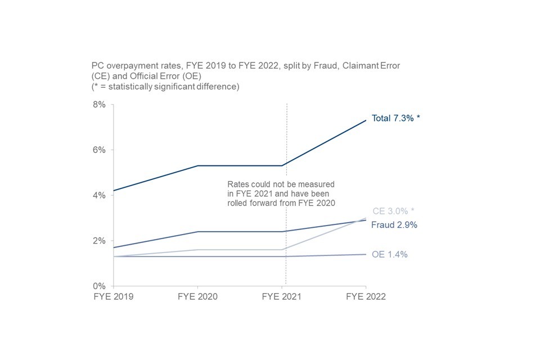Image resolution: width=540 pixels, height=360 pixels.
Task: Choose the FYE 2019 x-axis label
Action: pos(113,296)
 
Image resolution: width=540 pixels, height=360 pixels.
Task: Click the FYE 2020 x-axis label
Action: pos(197,296)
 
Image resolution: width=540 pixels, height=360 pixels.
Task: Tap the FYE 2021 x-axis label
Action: pos(282,296)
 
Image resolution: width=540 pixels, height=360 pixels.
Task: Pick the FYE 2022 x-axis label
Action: pos(366,296)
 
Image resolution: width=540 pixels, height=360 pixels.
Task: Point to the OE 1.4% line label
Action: pos(390,254)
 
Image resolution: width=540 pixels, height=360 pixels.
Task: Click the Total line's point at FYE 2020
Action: pos(197,166)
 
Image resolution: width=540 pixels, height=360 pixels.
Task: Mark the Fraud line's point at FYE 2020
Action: pos(197,232)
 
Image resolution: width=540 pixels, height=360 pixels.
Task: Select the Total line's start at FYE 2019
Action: pos(114,191)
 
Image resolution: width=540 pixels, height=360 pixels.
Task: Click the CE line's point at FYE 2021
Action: pos(282,250)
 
